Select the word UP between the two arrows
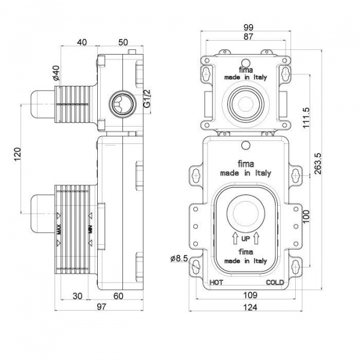tap(245, 239)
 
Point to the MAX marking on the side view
tap(59, 229)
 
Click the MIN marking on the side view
tap(91, 229)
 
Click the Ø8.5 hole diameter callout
tap(180, 258)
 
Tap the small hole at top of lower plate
tap(245, 145)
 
